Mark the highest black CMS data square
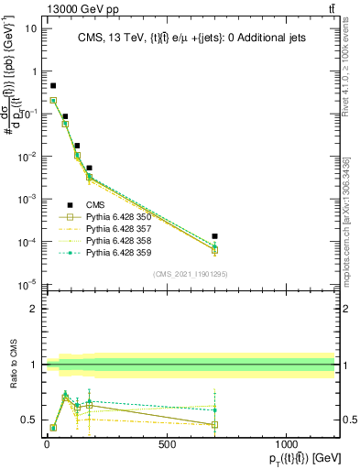pos(53,85)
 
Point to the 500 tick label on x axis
pos(167,444)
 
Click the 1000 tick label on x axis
pos(286,444)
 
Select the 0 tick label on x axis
pos(47,444)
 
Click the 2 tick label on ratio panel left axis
pos(33,309)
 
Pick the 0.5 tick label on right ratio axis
pos(348,420)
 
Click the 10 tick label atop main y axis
pos(29,27)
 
